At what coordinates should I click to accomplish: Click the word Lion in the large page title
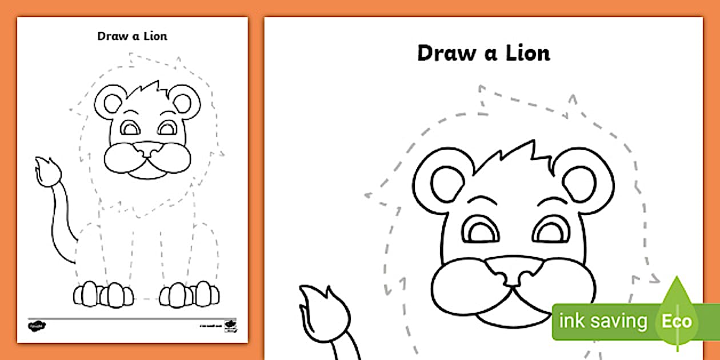[x=522, y=53]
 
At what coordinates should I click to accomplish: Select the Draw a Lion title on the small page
[x=132, y=36]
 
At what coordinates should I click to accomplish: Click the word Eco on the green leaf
[x=677, y=321]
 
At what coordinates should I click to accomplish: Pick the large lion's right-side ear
[x=586, y=184]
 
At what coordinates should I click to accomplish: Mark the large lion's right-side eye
[x=551, y=231]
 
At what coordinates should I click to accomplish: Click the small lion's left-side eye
[x=130, y=128]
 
